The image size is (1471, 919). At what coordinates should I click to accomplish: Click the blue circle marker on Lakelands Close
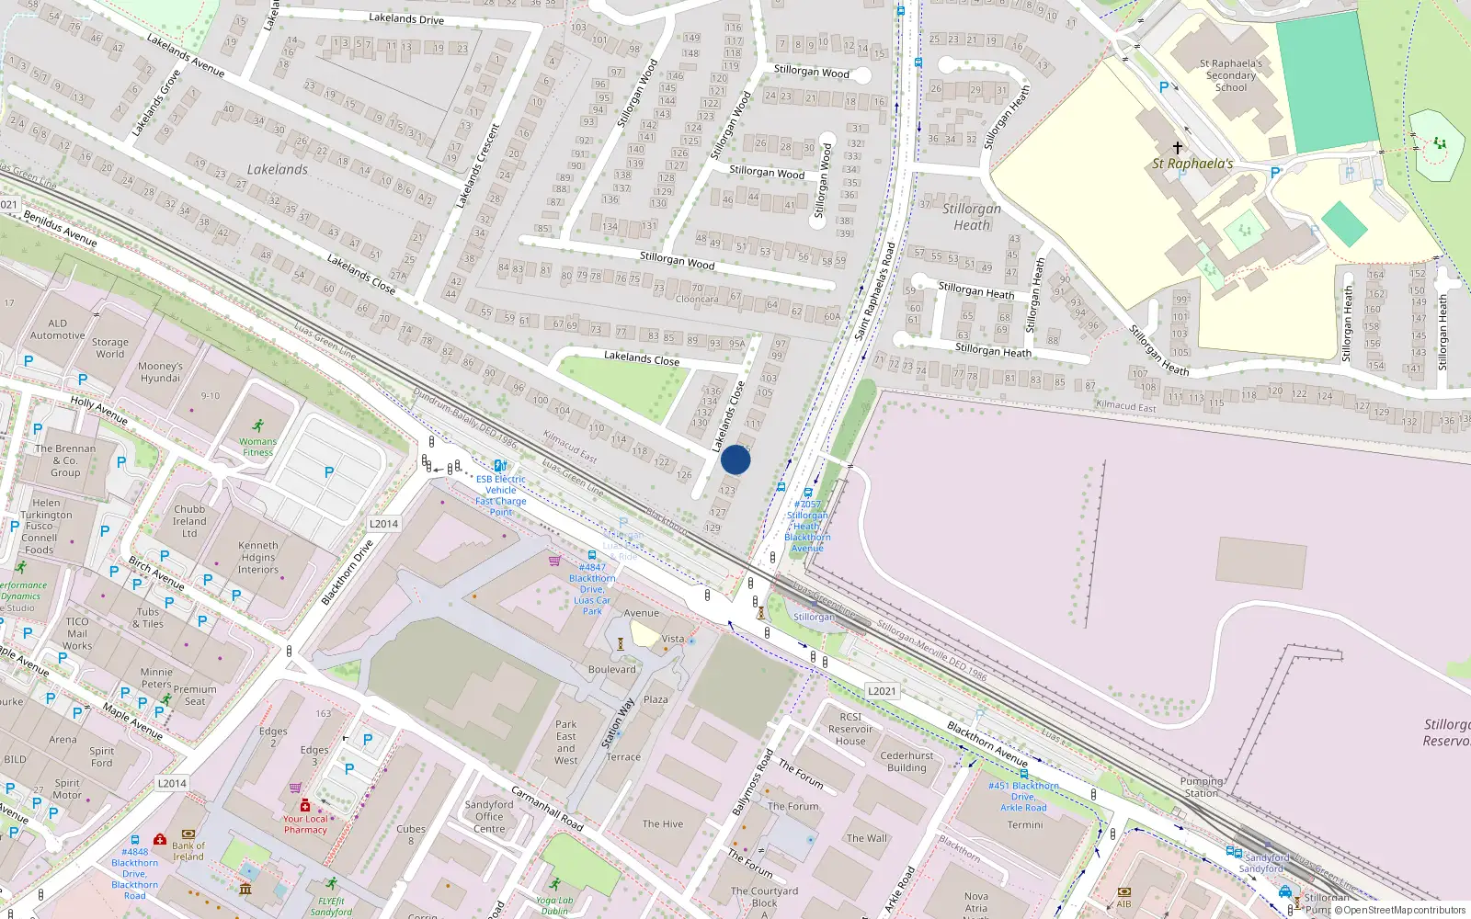[x=735, y=459]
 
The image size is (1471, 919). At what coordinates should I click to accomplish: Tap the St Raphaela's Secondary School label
[x=1230, y=75]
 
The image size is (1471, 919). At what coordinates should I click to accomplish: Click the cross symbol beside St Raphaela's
[x=1177, y=147]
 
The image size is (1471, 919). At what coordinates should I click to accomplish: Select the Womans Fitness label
[x=257, y=447]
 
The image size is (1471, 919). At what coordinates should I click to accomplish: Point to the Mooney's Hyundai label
[x=160, y=372]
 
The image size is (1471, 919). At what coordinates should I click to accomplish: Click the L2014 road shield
[x=383, y=524]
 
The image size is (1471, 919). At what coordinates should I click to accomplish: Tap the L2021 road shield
[x=881, y=691]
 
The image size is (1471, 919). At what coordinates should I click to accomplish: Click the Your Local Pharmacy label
[x=305, y=824]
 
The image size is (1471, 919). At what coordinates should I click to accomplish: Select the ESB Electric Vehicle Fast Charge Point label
[x=501, y=495]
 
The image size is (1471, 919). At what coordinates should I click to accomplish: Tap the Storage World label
[x=109, y=348]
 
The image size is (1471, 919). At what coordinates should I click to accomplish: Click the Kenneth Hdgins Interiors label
[x=258, y=557]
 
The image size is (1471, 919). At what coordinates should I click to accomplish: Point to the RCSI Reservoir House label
[x=850, y=729]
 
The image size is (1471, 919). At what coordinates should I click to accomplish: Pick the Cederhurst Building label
[x=907, y=762]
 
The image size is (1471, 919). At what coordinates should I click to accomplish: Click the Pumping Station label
[x=1201, y=787]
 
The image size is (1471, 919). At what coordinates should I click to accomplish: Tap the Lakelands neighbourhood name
[x=277, y=170]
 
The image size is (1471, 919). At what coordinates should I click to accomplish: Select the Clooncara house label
[x=697, y=300]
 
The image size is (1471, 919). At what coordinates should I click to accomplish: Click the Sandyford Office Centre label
[x=489, y=816]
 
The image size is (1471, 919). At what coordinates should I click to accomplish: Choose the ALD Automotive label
[x=57, y=330]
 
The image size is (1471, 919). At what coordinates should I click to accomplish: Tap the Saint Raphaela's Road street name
[x=874, y=291]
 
